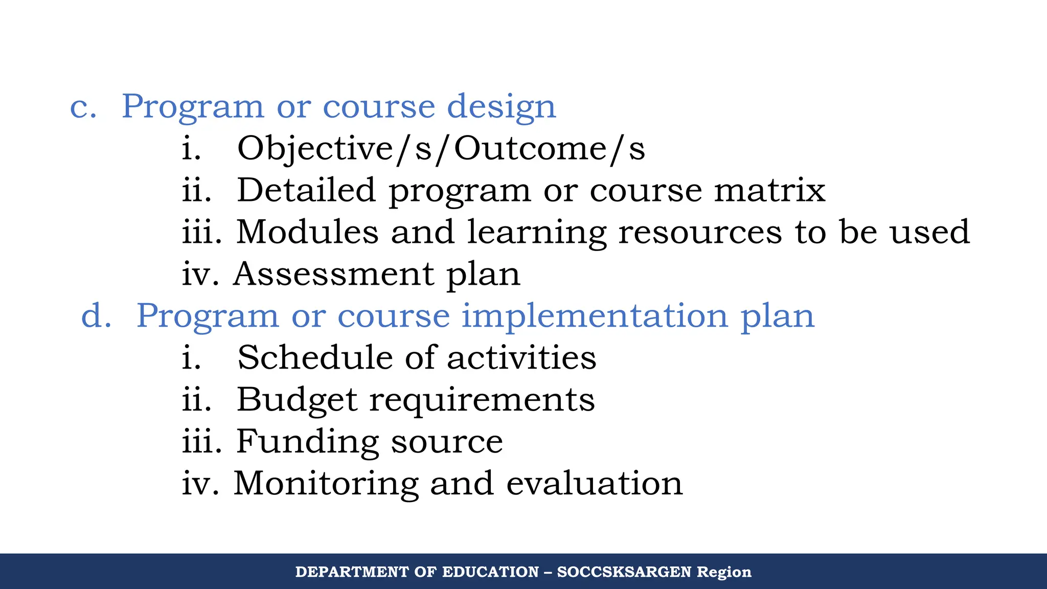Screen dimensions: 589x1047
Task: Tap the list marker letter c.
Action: pos(83,107)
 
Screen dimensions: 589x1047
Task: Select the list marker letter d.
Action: pos(96,316)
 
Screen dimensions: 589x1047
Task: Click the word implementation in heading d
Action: pos(595,316)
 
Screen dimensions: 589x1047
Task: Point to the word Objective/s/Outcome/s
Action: pos(441,149)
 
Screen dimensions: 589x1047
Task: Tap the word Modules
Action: pos(307,232)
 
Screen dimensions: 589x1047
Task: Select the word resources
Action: pos(700,232)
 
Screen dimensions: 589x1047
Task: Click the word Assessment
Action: pos(334,274)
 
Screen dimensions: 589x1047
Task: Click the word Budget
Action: pos(297,399)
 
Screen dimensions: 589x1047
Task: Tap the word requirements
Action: pos(482,400)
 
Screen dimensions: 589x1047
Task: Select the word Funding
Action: pos(307,441)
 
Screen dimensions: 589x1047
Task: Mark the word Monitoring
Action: pos(326,484)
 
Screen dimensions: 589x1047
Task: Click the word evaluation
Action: pos(594,483)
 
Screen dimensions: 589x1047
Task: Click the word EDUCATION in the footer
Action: pos(490,572)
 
